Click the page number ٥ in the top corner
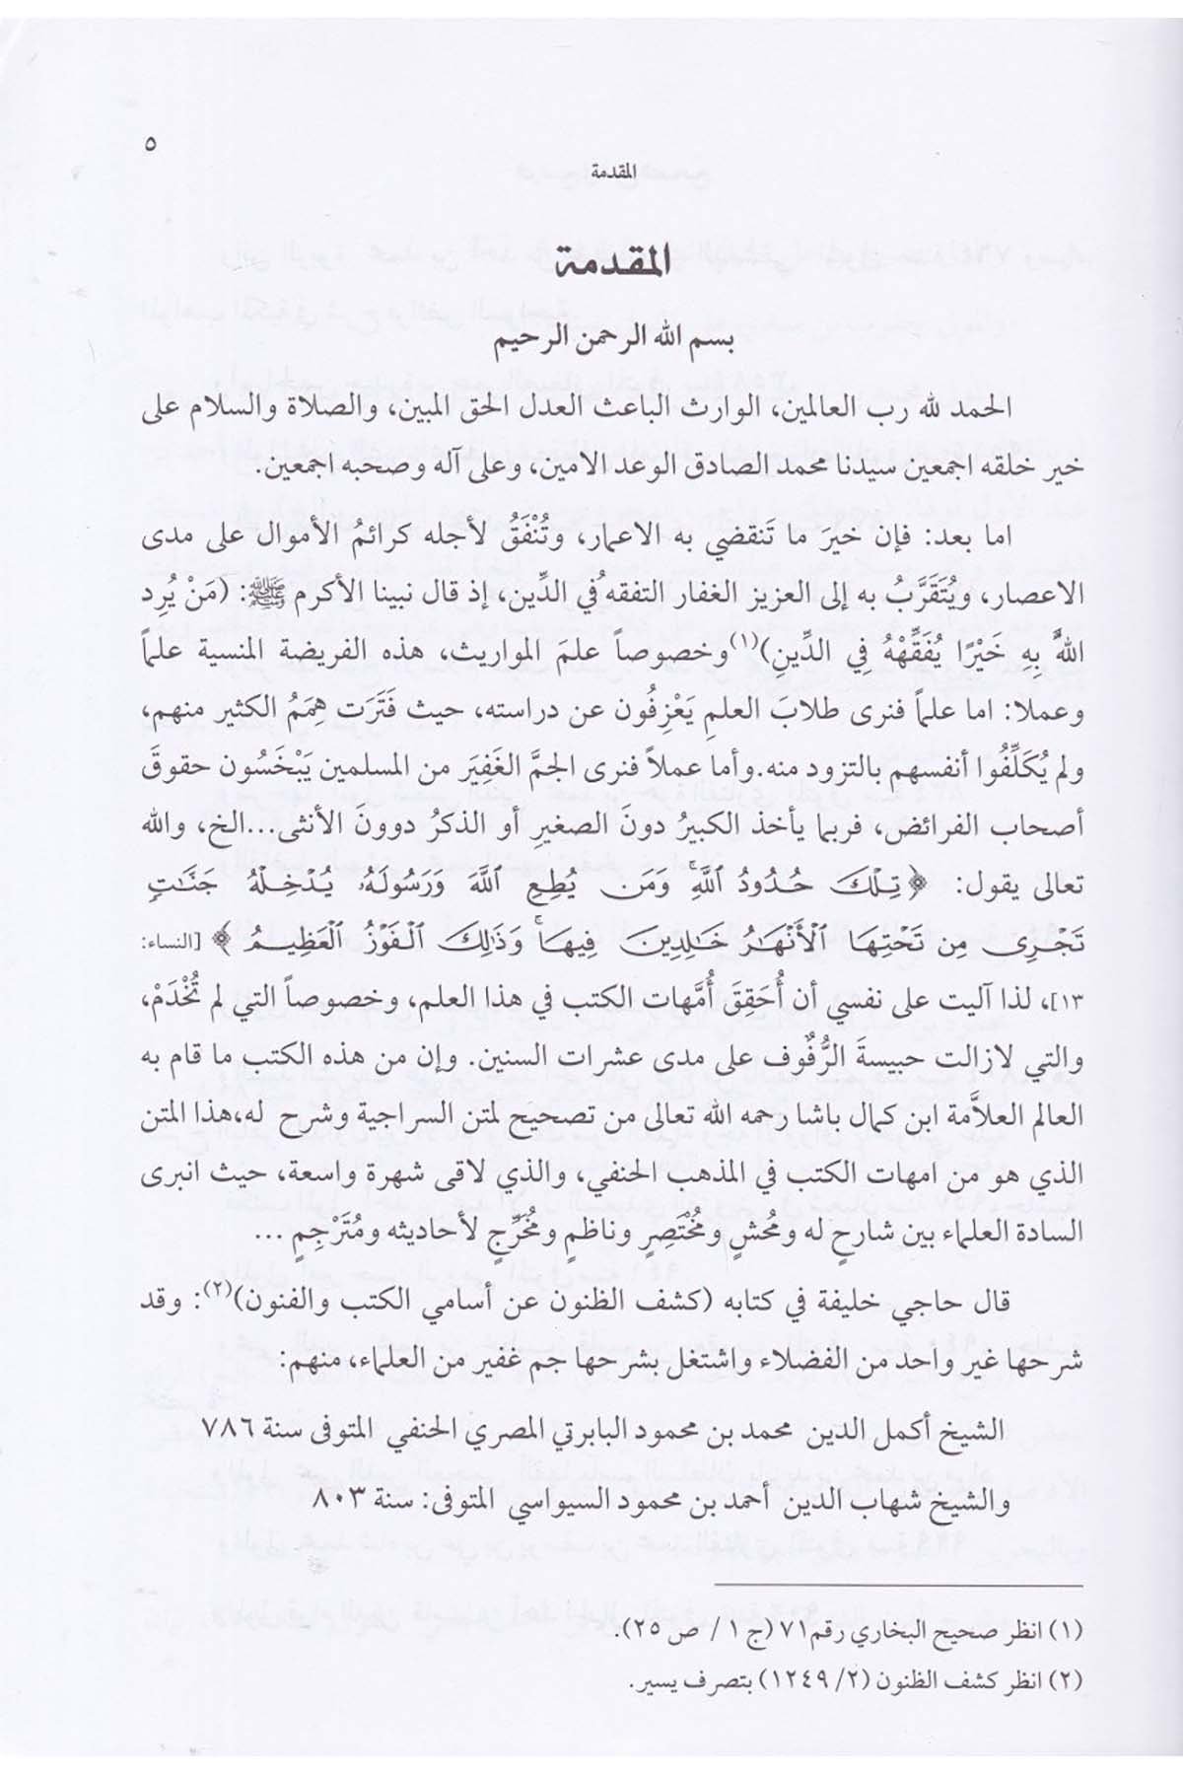(150, 144)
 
